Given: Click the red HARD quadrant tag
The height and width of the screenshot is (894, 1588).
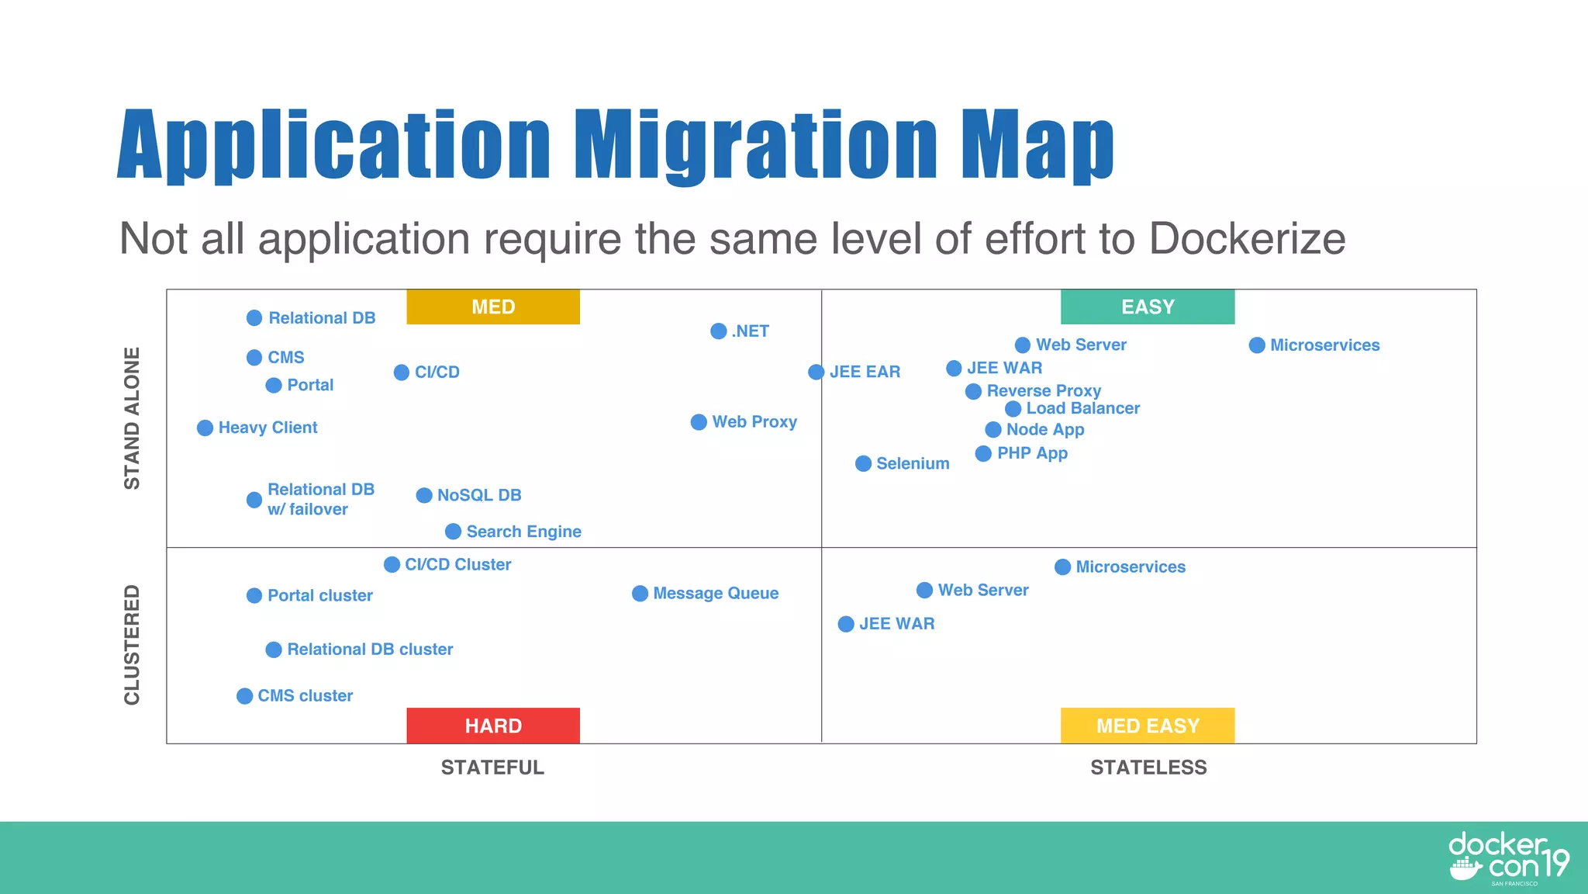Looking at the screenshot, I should [493, 726].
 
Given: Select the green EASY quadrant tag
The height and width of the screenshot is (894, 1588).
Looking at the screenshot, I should [1148, 307].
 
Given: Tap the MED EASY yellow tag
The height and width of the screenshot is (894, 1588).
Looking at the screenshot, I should [1148, 726].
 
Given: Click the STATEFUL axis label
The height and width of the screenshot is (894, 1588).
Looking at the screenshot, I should [492, 768].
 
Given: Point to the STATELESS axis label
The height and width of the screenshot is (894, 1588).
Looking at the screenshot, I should [1148, 768].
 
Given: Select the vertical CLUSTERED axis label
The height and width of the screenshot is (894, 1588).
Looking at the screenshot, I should [133, 645].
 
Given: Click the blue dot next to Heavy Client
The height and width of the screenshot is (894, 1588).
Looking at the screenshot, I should [205, 428].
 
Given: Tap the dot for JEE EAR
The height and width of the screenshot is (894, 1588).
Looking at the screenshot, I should [816, 372].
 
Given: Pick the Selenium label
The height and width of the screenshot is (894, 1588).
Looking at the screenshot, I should [913, 463].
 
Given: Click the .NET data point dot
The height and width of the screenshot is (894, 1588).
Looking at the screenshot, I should [719, 331].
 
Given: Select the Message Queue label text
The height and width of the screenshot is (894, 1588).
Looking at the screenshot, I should [716, 594].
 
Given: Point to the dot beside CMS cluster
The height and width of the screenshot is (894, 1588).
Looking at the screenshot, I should [244, 696].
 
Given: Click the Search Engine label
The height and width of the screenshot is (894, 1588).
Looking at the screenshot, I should [523, 532].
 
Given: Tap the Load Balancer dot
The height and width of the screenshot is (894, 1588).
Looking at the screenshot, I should [1013, 409].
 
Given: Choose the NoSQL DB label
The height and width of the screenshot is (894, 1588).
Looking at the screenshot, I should [479, 495].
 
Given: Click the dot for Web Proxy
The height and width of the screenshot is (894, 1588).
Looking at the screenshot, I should [699, 422].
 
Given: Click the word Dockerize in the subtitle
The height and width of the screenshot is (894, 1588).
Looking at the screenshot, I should [1247, 238].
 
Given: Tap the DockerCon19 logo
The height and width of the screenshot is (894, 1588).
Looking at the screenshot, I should [1508, 858].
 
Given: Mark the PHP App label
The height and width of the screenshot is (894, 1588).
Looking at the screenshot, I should [1032, 453].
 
